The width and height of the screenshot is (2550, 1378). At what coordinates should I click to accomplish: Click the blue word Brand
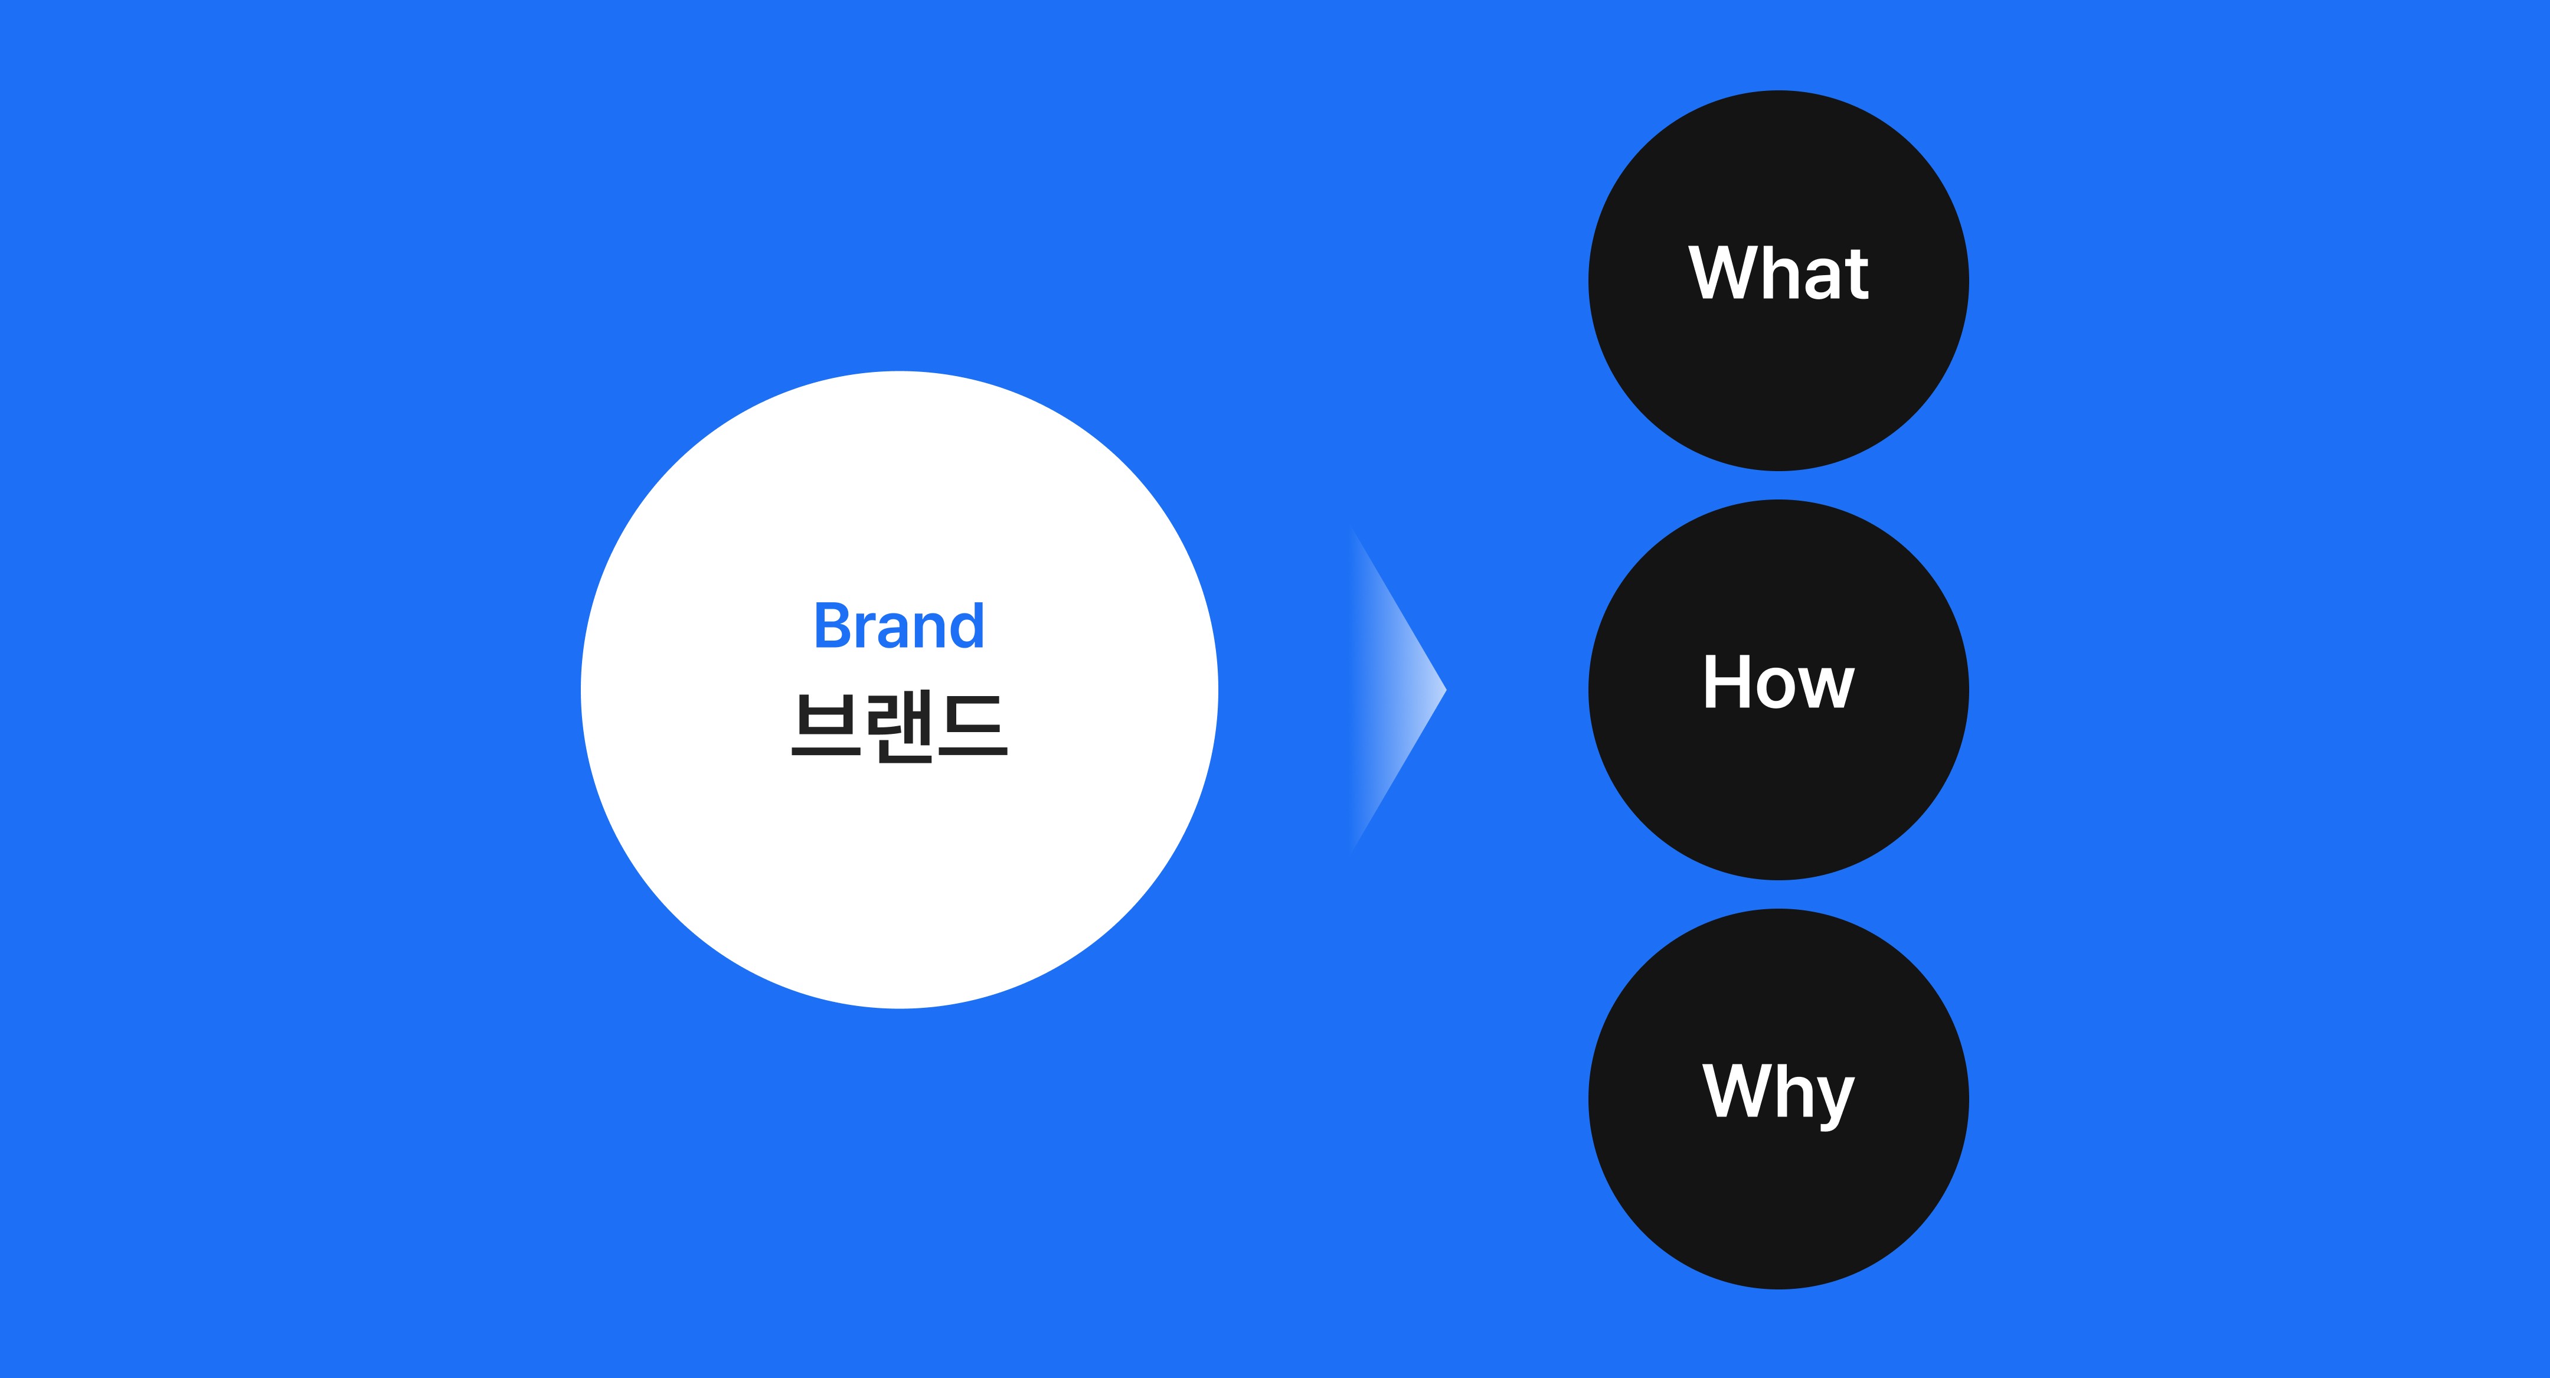[x=899, y=626]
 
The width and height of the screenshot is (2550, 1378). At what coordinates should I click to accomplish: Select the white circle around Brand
[x=899, y=871]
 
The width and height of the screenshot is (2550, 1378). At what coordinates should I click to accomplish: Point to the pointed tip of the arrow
[x=1444, y=690]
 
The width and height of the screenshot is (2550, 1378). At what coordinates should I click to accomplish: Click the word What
[x=1779, y=273]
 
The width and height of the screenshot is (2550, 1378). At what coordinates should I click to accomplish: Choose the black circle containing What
[x=1779, y=396]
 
